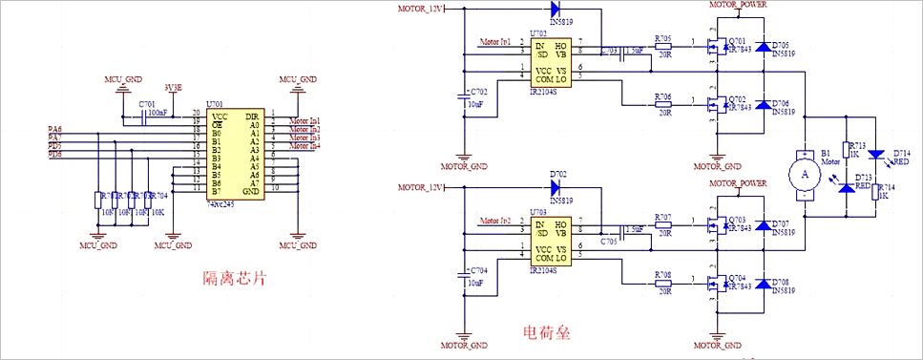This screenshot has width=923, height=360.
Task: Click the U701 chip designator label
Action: [218, 103]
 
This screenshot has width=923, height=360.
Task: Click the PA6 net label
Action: [54, 128]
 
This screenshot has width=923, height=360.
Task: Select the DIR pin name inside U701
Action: [252, 116]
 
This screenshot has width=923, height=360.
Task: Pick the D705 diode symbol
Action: [763, 47]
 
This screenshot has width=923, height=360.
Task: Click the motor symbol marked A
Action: [804, 175]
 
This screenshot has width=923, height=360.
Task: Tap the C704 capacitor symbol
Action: [464, 271]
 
